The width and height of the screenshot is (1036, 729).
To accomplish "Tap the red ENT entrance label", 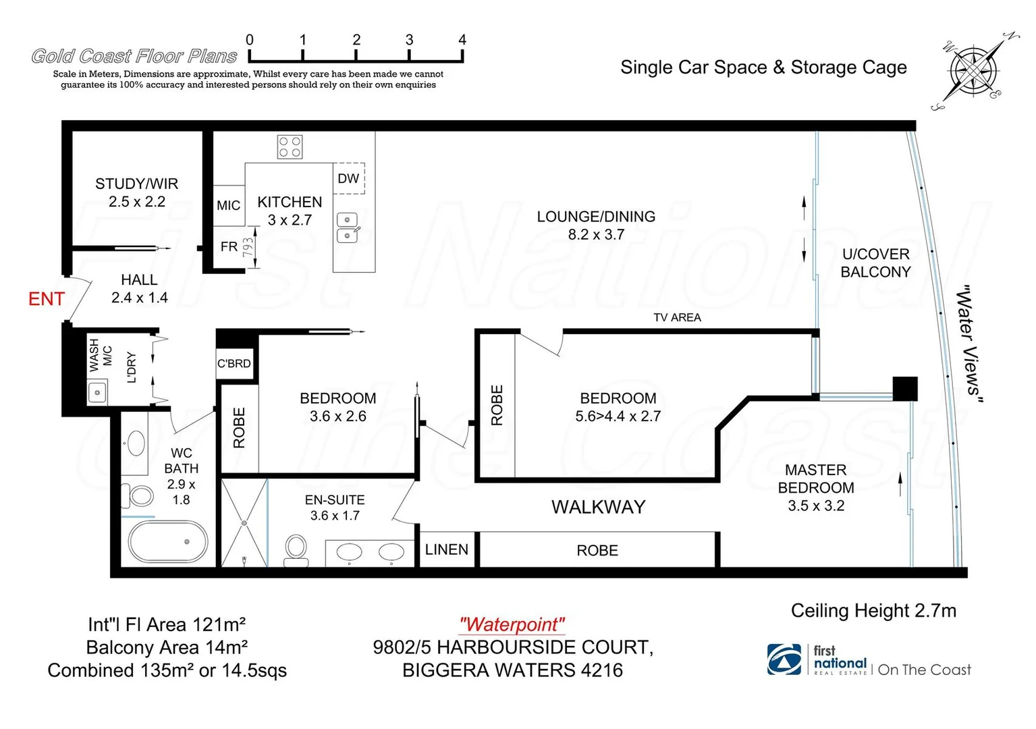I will (47, 299).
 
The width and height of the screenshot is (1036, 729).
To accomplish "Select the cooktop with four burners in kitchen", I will (290, 146).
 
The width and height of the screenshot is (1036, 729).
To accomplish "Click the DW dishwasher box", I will (348, 178).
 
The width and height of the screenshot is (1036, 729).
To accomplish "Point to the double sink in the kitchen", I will (347, 227).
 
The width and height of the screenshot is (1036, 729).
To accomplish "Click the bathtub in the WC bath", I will (167, 541).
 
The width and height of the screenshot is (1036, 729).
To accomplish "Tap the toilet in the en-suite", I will (296, 549).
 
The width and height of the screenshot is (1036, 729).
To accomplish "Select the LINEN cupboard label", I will (446, 549).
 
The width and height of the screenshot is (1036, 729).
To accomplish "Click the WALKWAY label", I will (598, 507).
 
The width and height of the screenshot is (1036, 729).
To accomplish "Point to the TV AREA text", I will (677, 317).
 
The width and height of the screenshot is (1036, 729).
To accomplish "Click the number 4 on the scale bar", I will (462, 40).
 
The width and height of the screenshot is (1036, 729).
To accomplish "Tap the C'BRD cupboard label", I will (234, 363).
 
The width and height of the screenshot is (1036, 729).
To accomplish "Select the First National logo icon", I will (784, 659).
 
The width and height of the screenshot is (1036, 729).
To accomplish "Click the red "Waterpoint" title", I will (512, 624).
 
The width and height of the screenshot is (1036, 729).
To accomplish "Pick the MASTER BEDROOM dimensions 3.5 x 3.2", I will (816, 506).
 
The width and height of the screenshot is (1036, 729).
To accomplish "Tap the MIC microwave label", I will (228, 205).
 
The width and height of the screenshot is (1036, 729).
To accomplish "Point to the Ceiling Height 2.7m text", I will (873, 611).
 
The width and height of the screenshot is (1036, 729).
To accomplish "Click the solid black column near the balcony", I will (904, 389).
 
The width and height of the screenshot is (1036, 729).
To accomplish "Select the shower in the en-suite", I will (244, 522).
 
